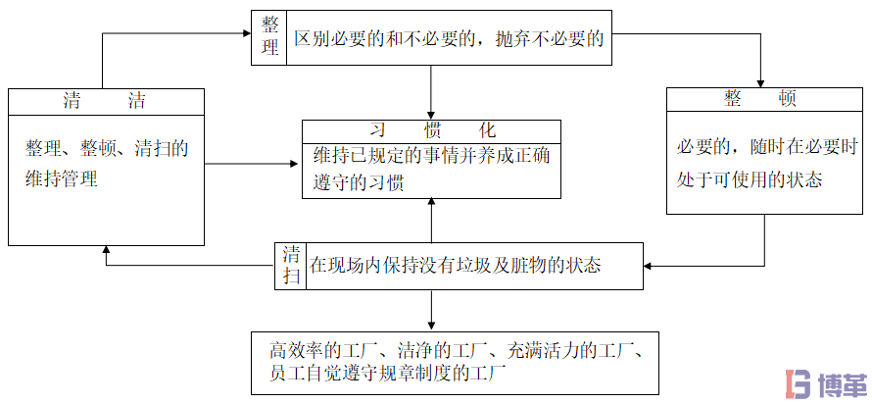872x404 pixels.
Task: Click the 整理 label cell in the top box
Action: [x=268, y=37]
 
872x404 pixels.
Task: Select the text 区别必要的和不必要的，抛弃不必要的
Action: [x=448, y=39]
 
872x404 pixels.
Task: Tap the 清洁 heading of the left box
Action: [x=106, y=100]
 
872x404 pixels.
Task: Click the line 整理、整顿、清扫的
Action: [x=106, y=148]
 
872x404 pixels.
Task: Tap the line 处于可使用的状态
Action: [x=750, y=179]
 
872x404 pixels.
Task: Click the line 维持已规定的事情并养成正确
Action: [x=431, y=157]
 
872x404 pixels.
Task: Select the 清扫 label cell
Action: [x=291, y=265]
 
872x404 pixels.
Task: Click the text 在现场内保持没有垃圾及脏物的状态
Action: [x=456, y=265]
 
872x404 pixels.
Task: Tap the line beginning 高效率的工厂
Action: [x=456, y=348]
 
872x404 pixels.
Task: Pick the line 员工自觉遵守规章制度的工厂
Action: [x=386, y=374]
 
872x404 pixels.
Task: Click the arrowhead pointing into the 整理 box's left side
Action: [x=245, y=34]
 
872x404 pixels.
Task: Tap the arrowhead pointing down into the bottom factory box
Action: [x=431, y=326]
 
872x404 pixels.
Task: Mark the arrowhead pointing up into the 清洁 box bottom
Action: [x=106, y=251]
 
